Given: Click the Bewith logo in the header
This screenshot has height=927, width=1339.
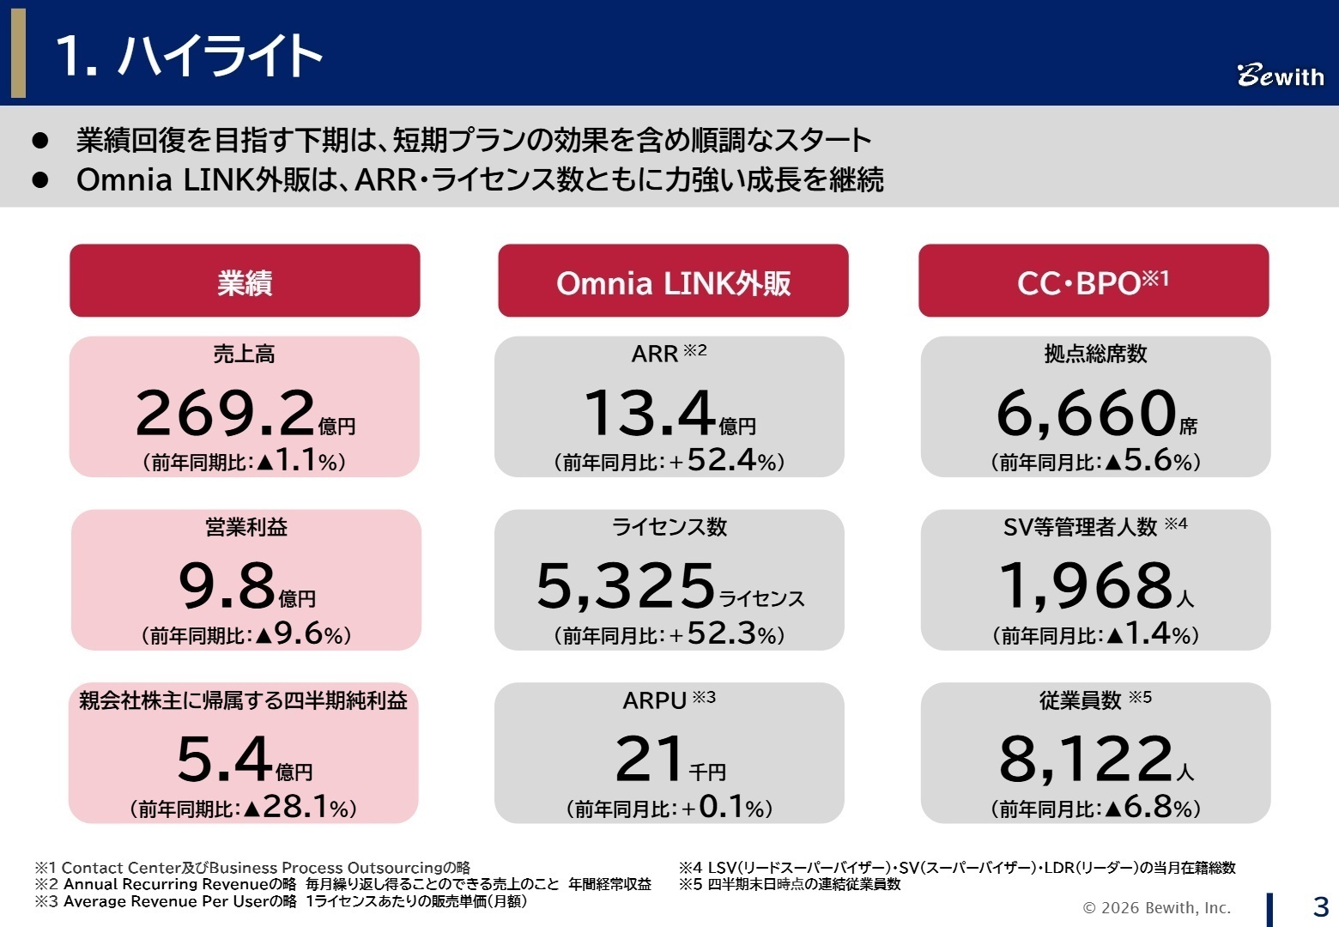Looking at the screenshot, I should [x=1280, y=76].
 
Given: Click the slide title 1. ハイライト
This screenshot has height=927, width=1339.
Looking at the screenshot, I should [x=189, y=56].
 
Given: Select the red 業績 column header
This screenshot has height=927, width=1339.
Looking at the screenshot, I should [x=245, y=282].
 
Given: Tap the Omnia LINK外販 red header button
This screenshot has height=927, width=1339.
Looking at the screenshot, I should [x=673, y=282].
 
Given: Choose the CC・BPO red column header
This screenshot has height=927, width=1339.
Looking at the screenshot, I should [x=1093, y=282].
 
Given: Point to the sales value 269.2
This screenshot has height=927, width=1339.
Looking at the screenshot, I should [x=226, y=414].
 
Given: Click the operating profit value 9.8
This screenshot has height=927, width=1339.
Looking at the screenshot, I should [x=227, y=586].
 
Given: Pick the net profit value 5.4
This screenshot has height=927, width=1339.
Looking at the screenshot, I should [x=225, y=760].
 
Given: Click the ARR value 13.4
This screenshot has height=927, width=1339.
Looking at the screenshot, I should [x=650, y=414].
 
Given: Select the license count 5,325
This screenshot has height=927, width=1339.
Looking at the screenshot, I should [x=626, y=586].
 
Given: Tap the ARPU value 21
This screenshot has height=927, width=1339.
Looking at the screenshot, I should [x=650, y=760].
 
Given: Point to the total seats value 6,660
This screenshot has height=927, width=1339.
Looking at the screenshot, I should [x=1086, y=414].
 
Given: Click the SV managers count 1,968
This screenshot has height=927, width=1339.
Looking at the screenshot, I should [x=1087, y=586].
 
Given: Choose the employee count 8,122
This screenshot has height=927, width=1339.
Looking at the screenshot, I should [x=1087, y=760].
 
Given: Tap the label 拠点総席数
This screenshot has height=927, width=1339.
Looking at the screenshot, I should [x=1095, y=354].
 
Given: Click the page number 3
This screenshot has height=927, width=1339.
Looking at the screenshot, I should [x=1320, y=906].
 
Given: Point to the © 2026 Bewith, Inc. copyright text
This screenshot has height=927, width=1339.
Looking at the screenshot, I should [x=1156, y=908].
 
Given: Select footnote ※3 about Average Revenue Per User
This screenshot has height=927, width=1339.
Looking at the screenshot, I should [x=281, y=901].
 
